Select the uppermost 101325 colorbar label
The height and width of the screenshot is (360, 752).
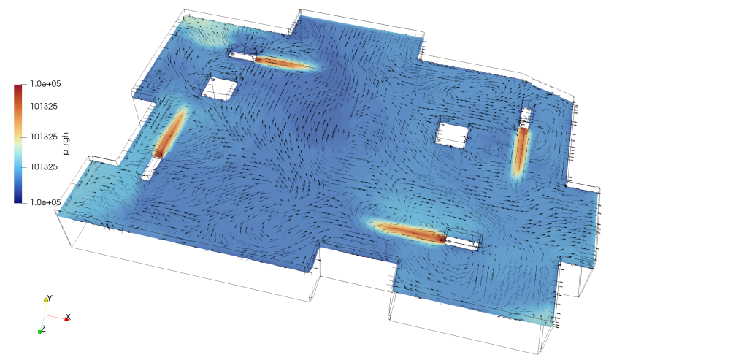pos(43,107)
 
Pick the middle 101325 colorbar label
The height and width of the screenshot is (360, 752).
pos(43,137)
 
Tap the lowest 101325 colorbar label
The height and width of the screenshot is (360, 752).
pos(43,166)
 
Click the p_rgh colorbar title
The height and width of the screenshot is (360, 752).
pos(67,143)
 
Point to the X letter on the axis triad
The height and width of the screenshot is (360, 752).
pos(68,317)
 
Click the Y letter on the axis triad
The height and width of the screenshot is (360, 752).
pos(50,298)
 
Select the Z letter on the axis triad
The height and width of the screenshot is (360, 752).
pos(43,329)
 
